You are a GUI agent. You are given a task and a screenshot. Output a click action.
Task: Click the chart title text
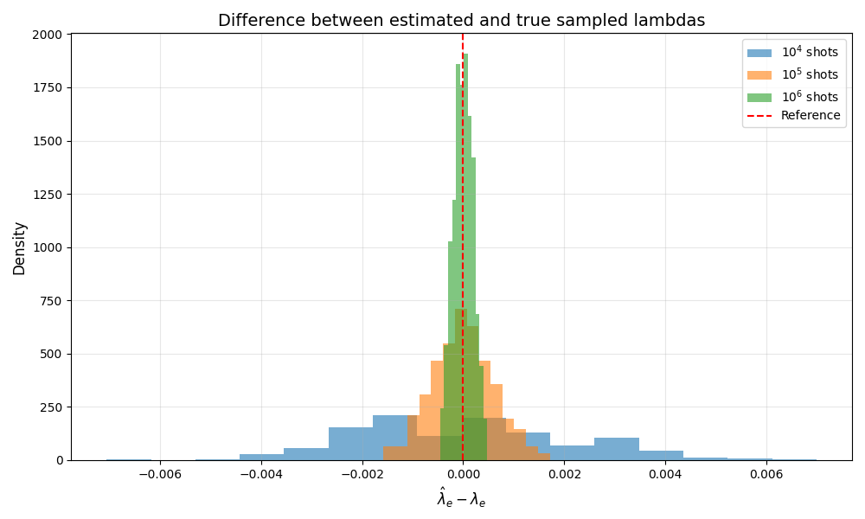[461, 21]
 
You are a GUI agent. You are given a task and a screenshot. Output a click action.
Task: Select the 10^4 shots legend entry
[792, 53]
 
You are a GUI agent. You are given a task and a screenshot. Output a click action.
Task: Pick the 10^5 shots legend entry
[792, 75]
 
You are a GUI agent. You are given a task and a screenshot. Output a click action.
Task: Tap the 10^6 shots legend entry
[792, 97]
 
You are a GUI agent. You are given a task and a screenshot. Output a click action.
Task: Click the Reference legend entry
[793, 115]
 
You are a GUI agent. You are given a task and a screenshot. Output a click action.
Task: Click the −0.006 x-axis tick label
[161, 474]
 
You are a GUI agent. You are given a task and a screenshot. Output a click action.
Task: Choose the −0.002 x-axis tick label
[362, 474]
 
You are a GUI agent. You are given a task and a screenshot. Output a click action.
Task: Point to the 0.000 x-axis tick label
[464, 474]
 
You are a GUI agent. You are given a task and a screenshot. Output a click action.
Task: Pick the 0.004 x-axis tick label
[665, 474]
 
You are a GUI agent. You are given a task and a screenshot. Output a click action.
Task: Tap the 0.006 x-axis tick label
[766, 474]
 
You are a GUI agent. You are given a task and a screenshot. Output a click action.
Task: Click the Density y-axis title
[19, 248]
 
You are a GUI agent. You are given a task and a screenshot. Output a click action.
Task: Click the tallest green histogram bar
[465, 256]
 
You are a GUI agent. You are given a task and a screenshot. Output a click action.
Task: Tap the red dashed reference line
[463, 247]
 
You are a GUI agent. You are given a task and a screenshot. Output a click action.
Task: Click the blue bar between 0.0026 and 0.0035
[617, 449]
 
